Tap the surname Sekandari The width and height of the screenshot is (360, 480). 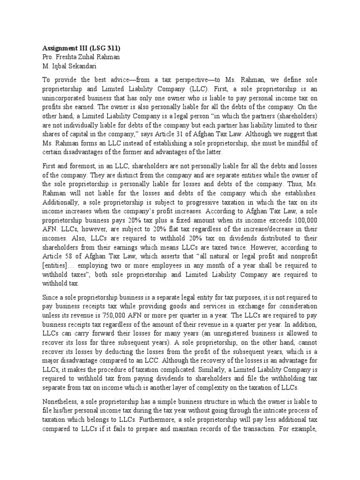coord(90,66)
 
